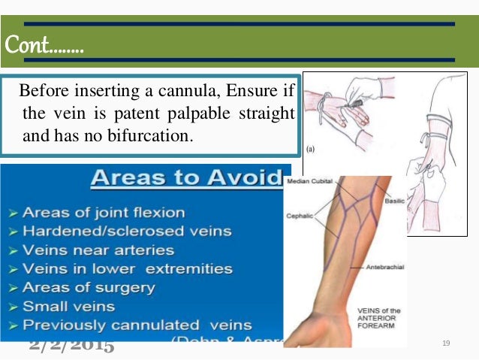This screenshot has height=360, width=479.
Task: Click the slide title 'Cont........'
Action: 44,46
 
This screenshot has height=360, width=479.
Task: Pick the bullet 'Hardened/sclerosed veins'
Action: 116,231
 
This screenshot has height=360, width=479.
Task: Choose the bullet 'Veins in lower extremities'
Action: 116,268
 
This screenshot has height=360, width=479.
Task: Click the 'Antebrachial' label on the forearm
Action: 377,267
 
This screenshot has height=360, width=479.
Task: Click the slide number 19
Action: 446,343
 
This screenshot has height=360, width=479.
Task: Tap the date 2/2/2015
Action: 72,346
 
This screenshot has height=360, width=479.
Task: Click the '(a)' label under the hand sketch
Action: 310,148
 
